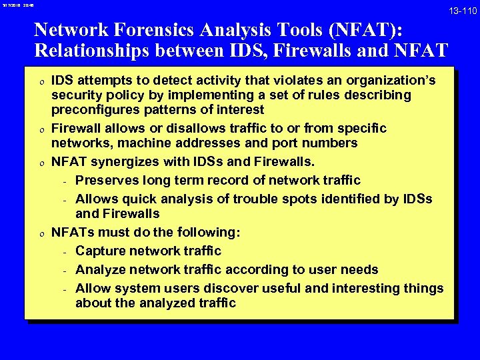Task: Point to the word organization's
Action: click(x=391, y=81)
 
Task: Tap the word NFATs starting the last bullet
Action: click(x=71, y=232)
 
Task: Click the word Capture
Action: click(x=102, y=251)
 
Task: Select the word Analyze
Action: click(x=103, y=269)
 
